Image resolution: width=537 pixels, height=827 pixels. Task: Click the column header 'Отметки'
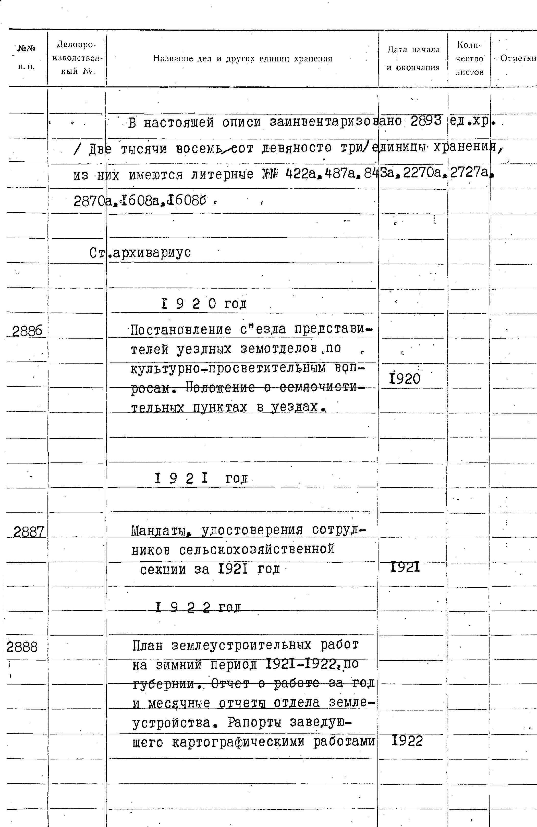518,59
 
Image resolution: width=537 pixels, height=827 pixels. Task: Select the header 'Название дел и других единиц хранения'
242,59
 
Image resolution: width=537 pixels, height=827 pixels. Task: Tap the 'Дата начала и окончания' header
413,59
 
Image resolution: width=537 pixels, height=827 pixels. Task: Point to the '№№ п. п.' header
27,57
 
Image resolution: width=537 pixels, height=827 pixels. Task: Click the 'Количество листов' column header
470,59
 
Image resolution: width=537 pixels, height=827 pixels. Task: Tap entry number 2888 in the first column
22,647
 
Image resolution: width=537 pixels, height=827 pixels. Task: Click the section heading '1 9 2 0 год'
204,304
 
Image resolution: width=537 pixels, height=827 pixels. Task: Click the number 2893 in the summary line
426,121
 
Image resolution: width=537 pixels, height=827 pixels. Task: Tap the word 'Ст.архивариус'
140,253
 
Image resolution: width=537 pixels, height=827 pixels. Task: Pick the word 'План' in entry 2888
148,646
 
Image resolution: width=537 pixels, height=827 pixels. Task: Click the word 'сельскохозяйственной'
257,550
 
